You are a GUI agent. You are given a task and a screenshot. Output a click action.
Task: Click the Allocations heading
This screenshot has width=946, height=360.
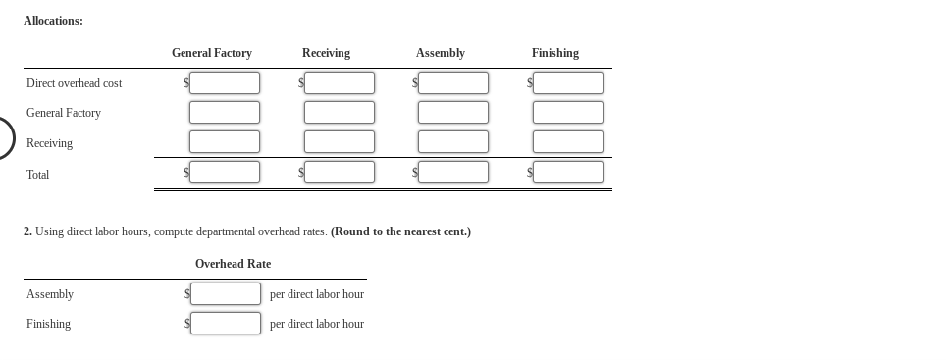click(53, 21)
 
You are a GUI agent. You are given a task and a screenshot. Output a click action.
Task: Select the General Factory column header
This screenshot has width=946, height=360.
click(211, 53)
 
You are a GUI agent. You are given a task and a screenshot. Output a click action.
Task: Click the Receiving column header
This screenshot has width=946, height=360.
click(326, 53)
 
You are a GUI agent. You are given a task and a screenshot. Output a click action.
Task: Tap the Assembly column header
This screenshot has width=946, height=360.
click(440, 53)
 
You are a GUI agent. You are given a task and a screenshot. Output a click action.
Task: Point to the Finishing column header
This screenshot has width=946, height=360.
click(554, 53)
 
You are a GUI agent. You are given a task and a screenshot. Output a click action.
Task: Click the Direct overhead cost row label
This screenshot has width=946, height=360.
click(74, 83)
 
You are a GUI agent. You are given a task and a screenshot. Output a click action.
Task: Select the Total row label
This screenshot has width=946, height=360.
click(37, 175)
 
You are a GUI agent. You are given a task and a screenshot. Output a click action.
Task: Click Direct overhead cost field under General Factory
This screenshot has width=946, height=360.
click(225, 83)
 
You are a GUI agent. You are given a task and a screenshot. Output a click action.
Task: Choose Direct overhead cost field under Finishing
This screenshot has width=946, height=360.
click(568, 83)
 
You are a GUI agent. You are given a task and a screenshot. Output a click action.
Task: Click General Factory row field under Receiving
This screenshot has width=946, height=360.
click(340, 113)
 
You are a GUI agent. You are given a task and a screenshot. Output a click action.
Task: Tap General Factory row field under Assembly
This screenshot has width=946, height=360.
click(453, 113)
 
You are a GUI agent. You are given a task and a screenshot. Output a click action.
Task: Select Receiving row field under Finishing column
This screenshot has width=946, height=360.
click(568, 142)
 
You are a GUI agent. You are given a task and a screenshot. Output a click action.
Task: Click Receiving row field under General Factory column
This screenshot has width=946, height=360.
click(225, 142)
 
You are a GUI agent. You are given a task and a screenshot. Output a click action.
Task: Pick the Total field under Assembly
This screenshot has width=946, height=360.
click(453, 173)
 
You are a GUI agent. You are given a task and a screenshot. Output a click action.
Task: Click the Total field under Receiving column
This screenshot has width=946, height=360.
click(340, 173)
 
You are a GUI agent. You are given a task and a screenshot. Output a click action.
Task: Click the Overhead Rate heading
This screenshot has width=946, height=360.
click(233, 264)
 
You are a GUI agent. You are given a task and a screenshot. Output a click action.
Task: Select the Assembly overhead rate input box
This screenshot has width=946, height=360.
click(226, 294)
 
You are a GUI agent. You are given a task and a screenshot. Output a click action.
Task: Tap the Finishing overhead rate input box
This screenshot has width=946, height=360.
click(226, 324)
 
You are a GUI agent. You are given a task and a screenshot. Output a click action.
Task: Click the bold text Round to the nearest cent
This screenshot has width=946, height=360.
click(400, 232)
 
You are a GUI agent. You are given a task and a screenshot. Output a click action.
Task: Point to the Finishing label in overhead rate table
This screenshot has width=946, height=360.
click(48, 324)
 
